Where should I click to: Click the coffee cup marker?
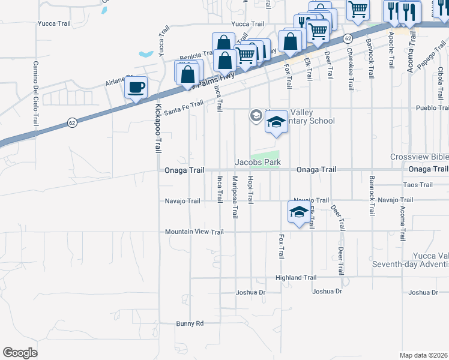[136, 88]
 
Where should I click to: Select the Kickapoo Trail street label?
[158, 128]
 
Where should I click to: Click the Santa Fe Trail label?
[184, 108]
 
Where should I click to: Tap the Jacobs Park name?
[258, 162]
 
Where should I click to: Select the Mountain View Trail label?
[194, 232]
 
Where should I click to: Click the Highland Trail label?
[295, 278]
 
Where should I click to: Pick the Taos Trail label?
[418, 185]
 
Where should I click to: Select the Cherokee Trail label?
[351, 70]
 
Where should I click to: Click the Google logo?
[20, 352]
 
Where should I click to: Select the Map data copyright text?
[424, 355]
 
